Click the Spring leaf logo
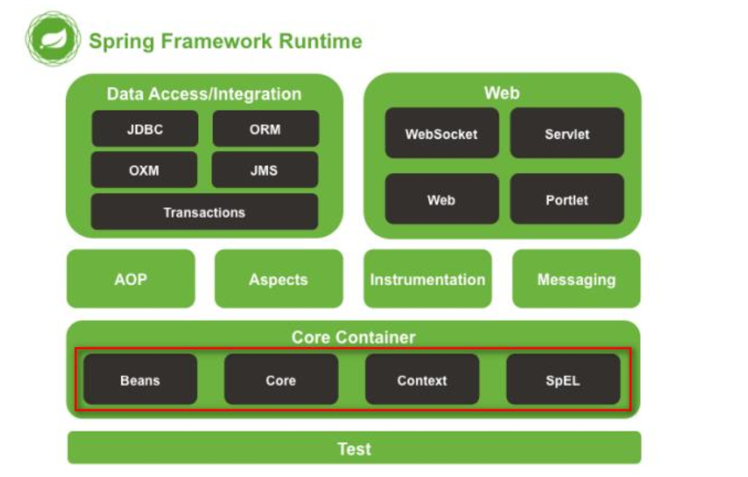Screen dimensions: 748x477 pos(53,39)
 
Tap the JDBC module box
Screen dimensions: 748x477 pos(145,129)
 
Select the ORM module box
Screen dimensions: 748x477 pos(266,129)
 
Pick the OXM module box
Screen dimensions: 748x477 pos(144,170)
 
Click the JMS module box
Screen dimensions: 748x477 pos(265,170)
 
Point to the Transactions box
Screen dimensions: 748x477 pos(204,211)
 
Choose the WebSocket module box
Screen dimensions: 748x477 pos(442,133)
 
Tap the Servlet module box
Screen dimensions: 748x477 pos(567,133)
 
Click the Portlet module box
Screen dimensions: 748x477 pos(567,199)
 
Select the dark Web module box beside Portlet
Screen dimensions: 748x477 pos(442,199)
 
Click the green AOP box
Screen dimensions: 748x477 pos(131,279)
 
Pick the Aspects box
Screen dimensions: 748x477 pos(279,279)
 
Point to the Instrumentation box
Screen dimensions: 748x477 pos(427,279)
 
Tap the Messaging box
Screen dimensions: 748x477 pos(577,279)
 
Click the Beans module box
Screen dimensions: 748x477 pos(141,379)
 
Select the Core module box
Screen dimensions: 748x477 pos(281,379)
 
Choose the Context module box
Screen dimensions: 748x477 pos(422,379)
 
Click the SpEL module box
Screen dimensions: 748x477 pos(564,379)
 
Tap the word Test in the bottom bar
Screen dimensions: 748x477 pos(354,449)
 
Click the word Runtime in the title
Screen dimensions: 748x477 pos(320,41)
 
